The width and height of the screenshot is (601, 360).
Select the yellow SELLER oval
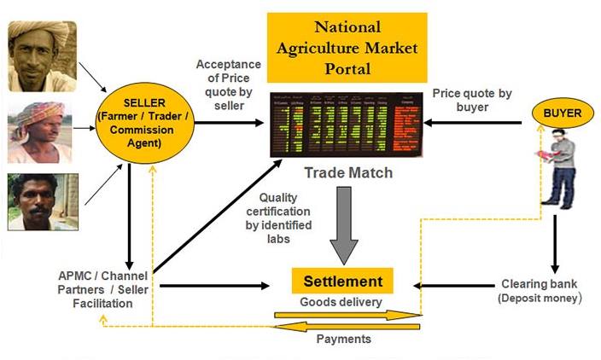pyautogui.click(x=149, y=123)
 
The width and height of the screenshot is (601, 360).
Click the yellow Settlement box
pyautogui.click(x=344, y=281)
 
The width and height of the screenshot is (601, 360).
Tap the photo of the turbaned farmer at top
pyautogui.click(x=42, y=56)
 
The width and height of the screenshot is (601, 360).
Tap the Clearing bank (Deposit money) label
pyautogui.click(x=540, y=292)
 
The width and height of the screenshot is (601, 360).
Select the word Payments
pyautogui.click(x=345, y=339)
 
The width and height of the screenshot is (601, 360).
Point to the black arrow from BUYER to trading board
pyautogui.click(x=474, y=123)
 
